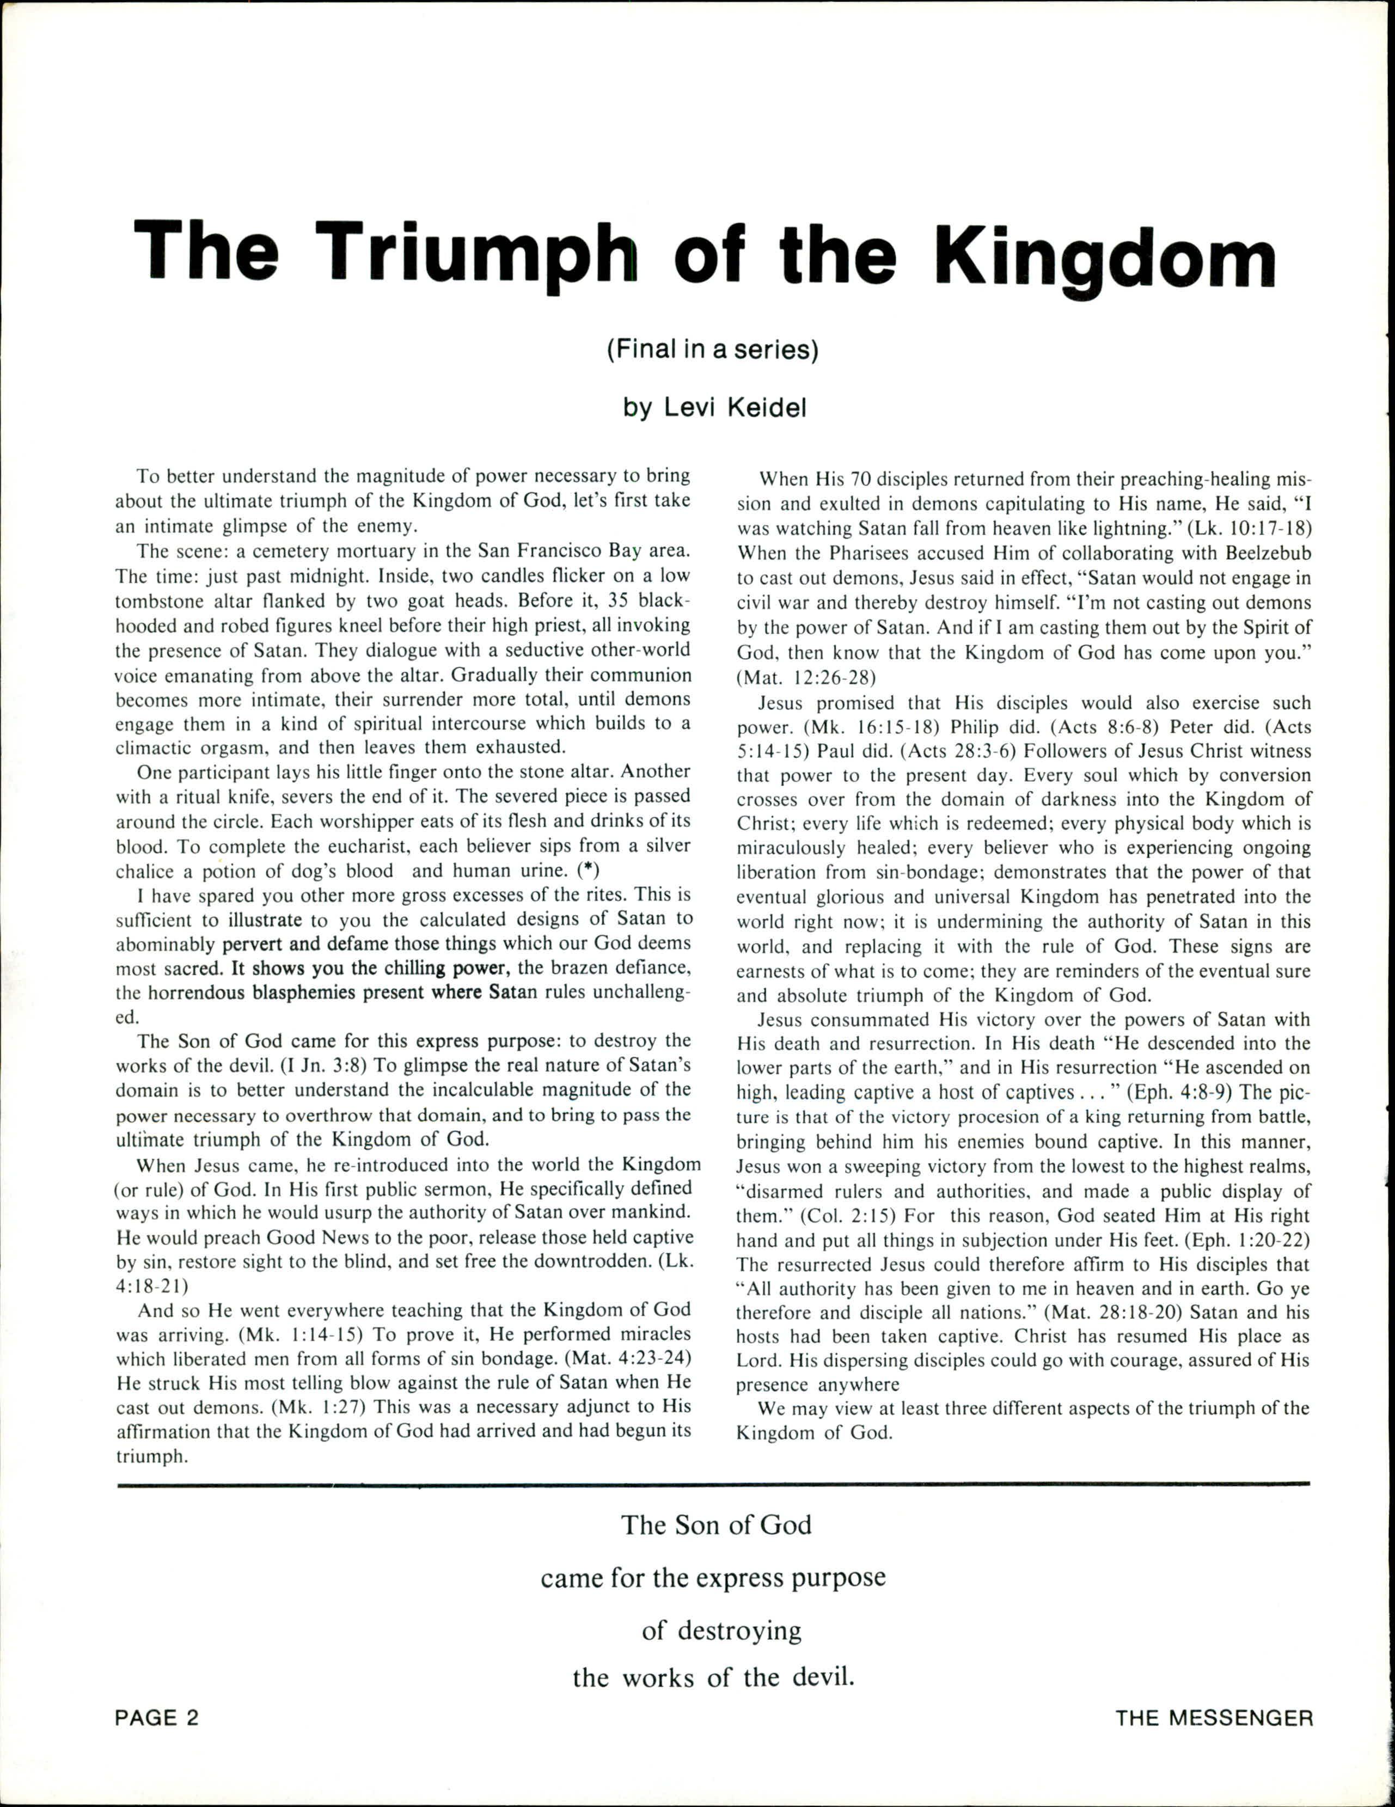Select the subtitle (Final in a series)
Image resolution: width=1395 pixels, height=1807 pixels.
click(x=712, y=350)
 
